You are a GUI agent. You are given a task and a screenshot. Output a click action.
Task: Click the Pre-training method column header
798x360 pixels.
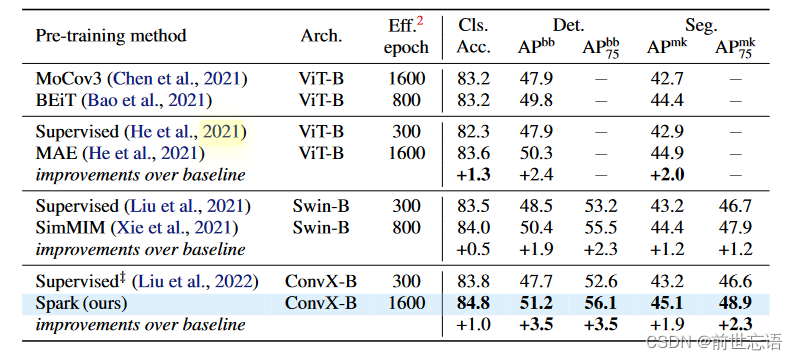pyautogui.click(x=111, y=36)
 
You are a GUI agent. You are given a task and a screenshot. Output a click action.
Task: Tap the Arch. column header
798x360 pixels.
pyautogui.click(x=321, y=36)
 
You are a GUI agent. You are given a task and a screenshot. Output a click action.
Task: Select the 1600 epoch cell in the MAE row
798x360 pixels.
pyautogui.click(x=407, y=152)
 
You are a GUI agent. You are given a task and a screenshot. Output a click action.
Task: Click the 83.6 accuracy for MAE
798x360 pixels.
pyautogui.click(x=472, y=152)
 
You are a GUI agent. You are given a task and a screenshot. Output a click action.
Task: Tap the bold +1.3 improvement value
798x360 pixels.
pyautogui.click(x=472, y=174)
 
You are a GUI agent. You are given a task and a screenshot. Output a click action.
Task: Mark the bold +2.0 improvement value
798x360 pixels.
pyautogui.click(x=666, y=174)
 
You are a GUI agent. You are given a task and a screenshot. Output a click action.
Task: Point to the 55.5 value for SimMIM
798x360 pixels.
pyautogui.click(x=602, y=228)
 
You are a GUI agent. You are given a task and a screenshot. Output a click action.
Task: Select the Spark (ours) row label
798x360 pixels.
pyautogui.click(x=82, y=303)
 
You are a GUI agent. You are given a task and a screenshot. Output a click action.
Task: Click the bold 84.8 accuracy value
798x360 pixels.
pyautogui.click(x=472, y=303)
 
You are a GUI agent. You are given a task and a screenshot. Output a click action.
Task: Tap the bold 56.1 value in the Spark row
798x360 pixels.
pyautogui.click(x=602, y=303)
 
